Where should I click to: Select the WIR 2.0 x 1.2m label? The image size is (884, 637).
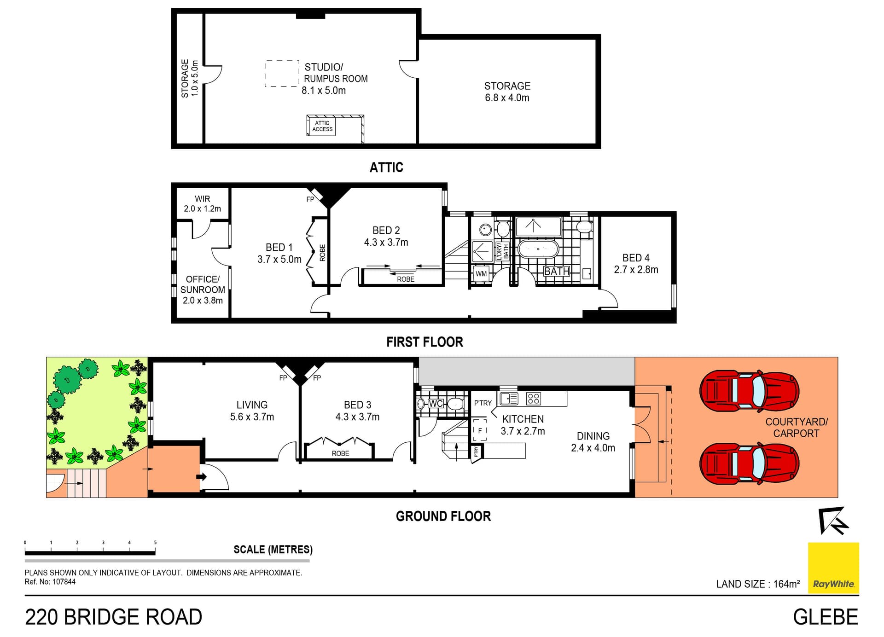(203, 203)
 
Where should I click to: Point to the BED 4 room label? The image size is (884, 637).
(636, 264)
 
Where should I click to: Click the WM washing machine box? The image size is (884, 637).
(481, 273)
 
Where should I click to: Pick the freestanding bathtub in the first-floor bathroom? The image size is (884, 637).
(538, 249)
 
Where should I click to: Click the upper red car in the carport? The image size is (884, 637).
(749, 391)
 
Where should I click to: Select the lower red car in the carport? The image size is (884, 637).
(749, 463)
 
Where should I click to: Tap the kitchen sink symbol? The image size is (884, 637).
(509, 399)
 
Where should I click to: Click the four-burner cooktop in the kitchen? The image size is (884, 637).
(534, 399)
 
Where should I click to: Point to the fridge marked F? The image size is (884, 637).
(480, 430)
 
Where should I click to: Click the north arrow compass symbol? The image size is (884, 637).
(833, 521)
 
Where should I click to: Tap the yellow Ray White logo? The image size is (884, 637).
(833, 568)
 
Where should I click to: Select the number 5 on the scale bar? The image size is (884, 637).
(155, 543)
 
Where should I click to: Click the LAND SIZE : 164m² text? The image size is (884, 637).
(758, 584)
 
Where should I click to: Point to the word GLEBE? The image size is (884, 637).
(826, 617)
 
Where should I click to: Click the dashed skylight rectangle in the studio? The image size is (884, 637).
(282, 73)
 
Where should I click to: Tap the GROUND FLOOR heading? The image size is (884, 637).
(443, 516)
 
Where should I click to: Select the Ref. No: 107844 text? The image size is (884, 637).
(50, 582)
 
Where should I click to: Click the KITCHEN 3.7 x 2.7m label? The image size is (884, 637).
(523, 425)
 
